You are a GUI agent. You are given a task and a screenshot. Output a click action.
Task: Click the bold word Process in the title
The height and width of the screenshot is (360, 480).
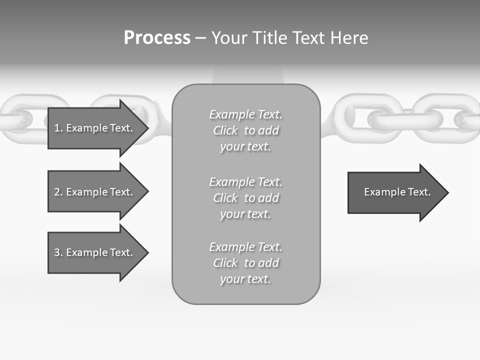157,38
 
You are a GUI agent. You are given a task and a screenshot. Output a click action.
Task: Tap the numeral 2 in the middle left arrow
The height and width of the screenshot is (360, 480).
57,192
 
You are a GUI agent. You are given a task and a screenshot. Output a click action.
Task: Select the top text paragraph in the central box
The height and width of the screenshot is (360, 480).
245,130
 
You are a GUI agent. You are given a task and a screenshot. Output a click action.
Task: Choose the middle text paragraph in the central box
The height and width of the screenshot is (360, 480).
245,198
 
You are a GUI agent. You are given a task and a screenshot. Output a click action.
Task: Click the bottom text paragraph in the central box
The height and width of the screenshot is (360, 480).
245,263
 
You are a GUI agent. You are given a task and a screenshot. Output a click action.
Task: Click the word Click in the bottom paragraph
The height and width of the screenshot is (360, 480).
225,263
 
